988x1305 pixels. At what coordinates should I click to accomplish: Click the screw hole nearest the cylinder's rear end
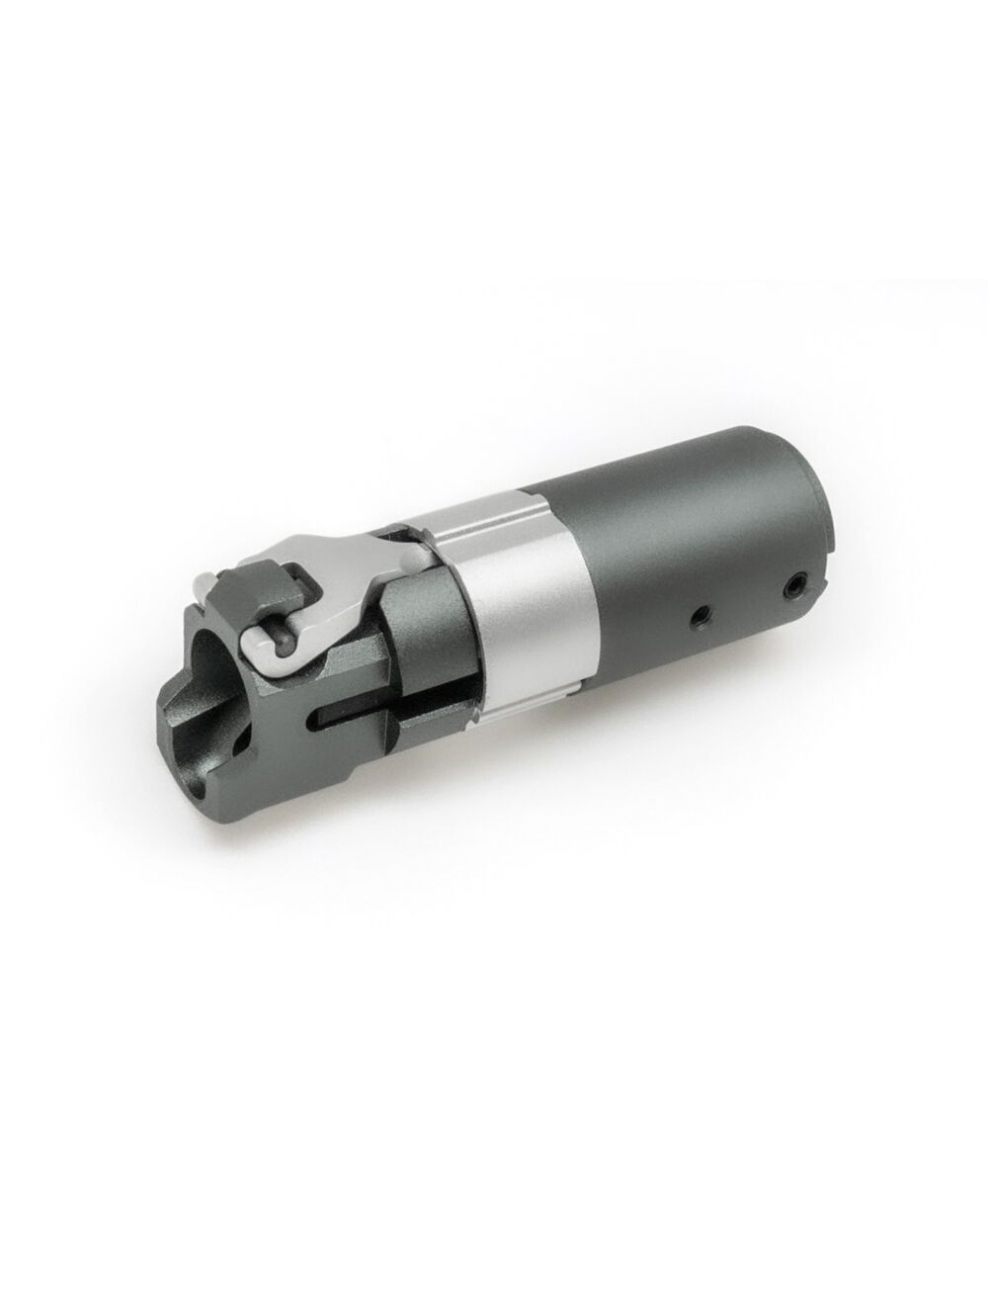tap(791, 586)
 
